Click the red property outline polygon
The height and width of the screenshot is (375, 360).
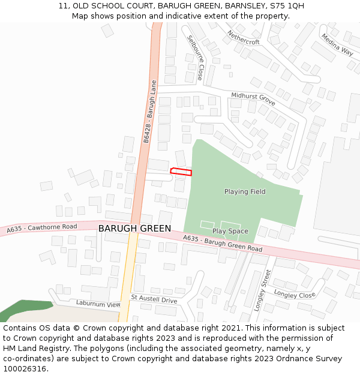(181, 172)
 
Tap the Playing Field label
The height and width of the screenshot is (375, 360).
(245, 192)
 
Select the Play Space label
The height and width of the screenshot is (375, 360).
(230, 231)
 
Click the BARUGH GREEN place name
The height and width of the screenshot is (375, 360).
(134, 229)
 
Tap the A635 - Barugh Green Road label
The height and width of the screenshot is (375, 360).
(223, 244)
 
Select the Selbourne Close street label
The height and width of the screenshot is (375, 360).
(196, 58)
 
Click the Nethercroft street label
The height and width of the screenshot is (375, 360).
(243, 37)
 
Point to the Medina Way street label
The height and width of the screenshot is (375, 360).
(337, 44)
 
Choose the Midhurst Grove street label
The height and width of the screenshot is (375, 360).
(253, 99)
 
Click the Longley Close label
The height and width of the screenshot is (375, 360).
(295, 295)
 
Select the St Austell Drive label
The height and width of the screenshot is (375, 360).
(154, 299)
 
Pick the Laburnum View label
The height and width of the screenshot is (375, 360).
(98, 304)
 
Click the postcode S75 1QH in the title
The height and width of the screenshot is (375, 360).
(287, 6)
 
